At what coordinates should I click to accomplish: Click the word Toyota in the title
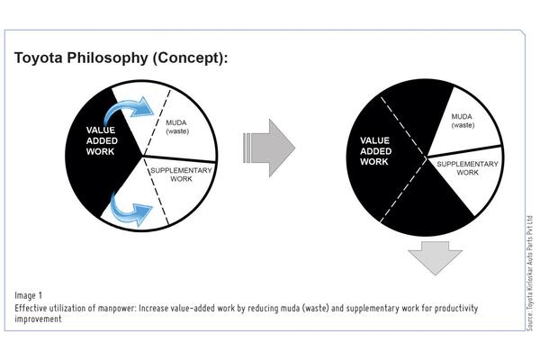tap(39, 58)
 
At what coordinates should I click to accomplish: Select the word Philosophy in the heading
tap(107, 58)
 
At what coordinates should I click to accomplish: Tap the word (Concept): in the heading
tap(190, 58)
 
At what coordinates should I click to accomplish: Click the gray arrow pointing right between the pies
tap(269, 148)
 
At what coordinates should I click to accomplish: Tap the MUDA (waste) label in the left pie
tap(177, 127)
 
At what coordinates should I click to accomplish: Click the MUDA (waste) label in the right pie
tap(463, 121)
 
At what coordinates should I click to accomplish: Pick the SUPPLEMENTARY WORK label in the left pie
tap(181, 175)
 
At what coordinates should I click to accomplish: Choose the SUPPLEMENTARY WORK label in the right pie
tap(467, 168)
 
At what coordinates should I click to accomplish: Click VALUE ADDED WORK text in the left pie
tap(102, 140)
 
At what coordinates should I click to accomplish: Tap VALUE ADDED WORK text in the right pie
tap(375, 151)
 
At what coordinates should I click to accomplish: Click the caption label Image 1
tap(28, 295)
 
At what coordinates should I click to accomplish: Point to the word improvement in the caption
tap(38, 319)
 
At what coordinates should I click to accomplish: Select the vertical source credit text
tap(530, 274)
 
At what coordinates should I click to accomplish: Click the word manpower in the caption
tap(117, 308)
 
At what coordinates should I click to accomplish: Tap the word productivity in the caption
tap(456, 308)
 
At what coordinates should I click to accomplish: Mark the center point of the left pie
tap(142, 156)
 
